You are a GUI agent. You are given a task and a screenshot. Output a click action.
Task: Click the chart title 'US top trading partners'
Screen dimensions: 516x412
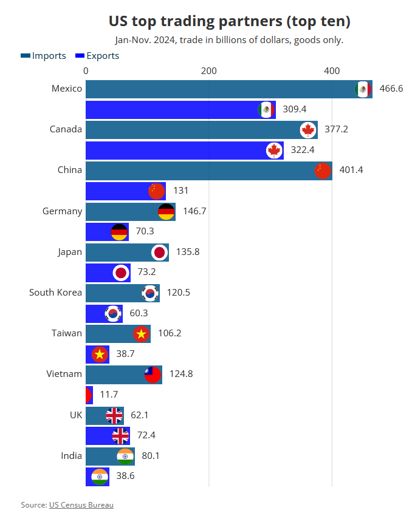point(229,21)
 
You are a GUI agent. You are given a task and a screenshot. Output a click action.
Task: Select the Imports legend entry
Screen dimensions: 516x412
point(43,56)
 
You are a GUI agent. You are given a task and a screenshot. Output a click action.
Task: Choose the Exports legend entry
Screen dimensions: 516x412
point(97,56)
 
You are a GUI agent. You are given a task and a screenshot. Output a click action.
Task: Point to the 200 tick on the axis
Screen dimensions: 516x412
point(208,71)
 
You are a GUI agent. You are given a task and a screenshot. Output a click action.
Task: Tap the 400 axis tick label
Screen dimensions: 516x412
point(331,71)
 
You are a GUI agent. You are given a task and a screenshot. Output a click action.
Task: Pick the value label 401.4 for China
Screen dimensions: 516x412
point(351,170)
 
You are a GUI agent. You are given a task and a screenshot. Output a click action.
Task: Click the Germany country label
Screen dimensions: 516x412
point(62,211)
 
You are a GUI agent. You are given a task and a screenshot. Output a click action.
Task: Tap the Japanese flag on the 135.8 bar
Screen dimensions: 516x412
point(160,252)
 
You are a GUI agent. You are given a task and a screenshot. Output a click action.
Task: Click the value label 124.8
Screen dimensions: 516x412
point(180,374)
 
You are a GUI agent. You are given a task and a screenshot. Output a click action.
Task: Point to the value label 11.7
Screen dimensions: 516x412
point(109,395)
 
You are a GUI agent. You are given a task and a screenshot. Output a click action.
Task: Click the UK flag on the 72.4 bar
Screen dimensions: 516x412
point(121,435)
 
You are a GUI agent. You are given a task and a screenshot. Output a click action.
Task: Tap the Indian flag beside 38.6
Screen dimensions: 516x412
point(100,477)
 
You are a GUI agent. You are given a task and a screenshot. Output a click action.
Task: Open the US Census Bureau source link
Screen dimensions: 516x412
point(81,504)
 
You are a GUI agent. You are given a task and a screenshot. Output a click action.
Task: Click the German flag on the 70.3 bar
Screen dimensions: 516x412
point(119,232)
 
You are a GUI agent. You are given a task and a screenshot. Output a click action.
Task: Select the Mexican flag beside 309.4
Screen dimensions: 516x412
point(266,109)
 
